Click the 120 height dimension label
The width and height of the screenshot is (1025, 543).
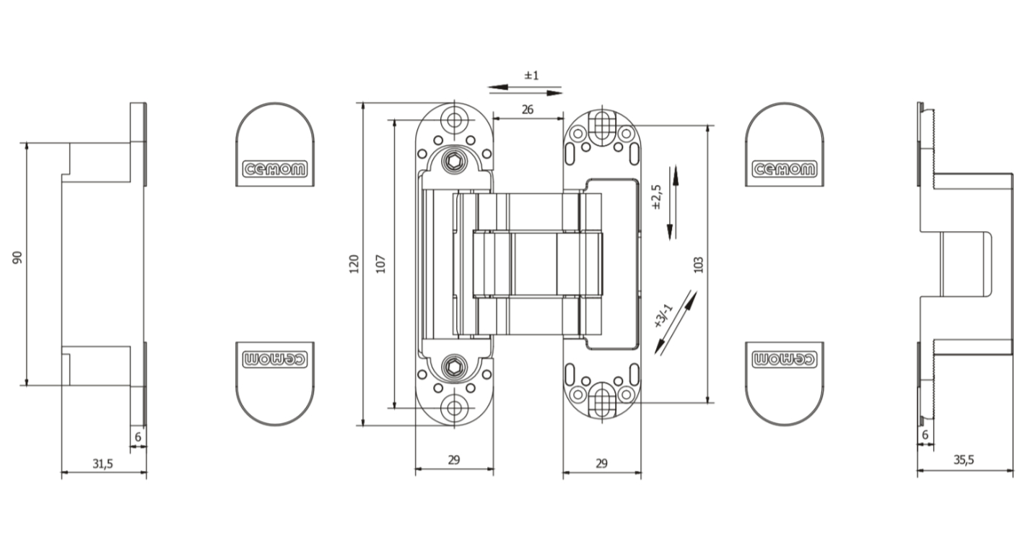(x=354, y=264)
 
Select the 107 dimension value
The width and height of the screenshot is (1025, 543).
(x=382, y=264)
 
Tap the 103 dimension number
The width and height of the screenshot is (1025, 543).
(x=697, y=264)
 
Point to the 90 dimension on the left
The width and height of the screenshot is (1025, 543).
(x=17, y=258)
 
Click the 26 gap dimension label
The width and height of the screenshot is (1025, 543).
(x=527, y=110)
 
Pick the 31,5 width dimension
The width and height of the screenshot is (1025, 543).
(x=102, y=464)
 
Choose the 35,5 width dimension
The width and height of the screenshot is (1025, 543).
(x=963, y=459)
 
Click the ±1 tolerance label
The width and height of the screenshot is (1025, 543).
(x=532, y=75)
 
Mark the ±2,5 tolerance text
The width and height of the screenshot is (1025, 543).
(x=656, y=197)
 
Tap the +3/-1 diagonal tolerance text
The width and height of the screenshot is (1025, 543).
(x=663, y=316)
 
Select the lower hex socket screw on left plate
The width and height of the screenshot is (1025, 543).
(x=454, y=367)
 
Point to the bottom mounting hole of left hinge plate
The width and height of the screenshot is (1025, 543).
(x=454, y=408)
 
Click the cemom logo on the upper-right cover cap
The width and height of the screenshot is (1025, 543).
(x=785, y=170)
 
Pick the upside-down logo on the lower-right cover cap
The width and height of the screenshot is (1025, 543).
(x=785, y=358)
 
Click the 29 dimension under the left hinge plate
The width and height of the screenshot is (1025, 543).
(x=454, y=459)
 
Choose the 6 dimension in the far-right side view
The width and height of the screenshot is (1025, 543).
(x=925, y=435)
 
